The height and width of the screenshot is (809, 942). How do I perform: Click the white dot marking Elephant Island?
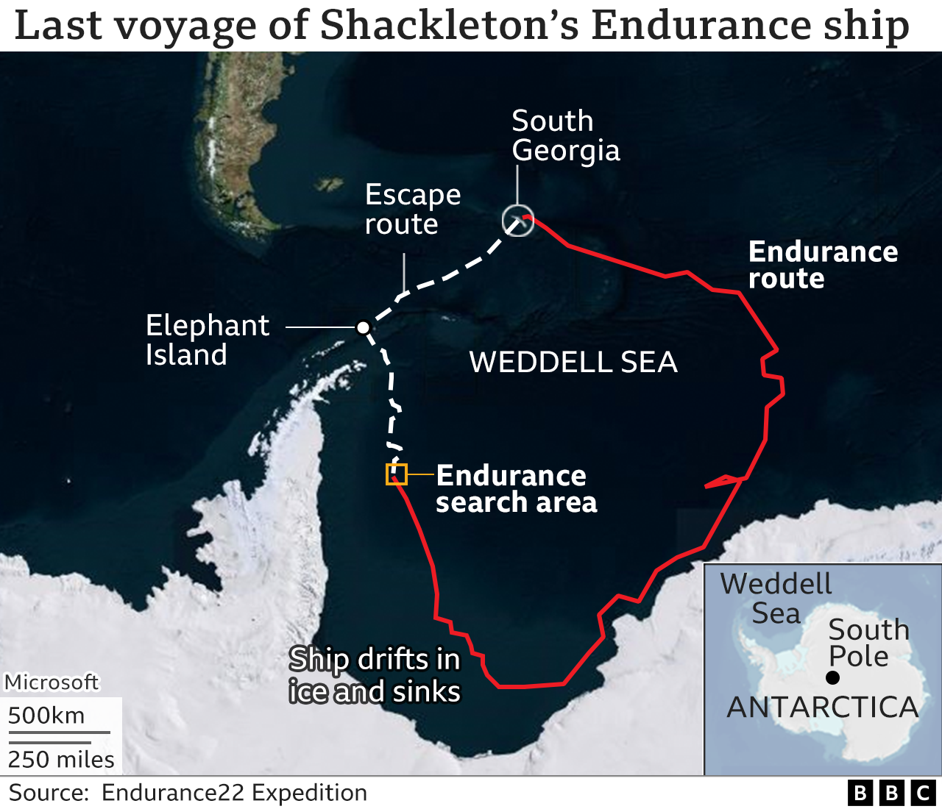(363, 327)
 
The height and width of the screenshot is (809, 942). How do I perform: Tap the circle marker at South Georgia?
(517, 221)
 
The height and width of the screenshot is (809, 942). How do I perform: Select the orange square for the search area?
(397, 474)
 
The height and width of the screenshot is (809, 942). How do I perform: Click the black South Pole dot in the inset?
(833, 677)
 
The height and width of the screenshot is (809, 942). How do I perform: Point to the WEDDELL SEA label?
(573, 362)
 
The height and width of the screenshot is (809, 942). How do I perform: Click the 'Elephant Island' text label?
(208, 340)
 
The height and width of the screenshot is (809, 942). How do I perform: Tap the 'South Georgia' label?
(565, 135)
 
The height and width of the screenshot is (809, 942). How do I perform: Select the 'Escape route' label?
(413, 209)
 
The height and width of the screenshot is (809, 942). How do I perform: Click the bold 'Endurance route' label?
(823, 265)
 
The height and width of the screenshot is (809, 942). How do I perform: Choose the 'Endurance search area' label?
(516, 489)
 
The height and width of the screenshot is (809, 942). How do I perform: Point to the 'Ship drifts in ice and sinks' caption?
(375, 675)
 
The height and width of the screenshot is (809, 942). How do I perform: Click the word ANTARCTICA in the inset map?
(823, 708)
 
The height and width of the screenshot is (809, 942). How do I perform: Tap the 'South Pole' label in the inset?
(868, 643)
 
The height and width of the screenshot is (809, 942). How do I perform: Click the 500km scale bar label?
(46, 716)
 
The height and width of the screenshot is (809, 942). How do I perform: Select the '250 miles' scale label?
(61, 759)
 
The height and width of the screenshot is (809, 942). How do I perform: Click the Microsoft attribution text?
(52, 683)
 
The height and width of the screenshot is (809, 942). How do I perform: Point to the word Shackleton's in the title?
(451, 25)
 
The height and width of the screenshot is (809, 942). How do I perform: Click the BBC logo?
(891, 794)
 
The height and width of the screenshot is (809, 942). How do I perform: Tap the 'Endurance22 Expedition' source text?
(234, 793)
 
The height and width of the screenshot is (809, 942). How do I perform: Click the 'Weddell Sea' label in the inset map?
(776, 599)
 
